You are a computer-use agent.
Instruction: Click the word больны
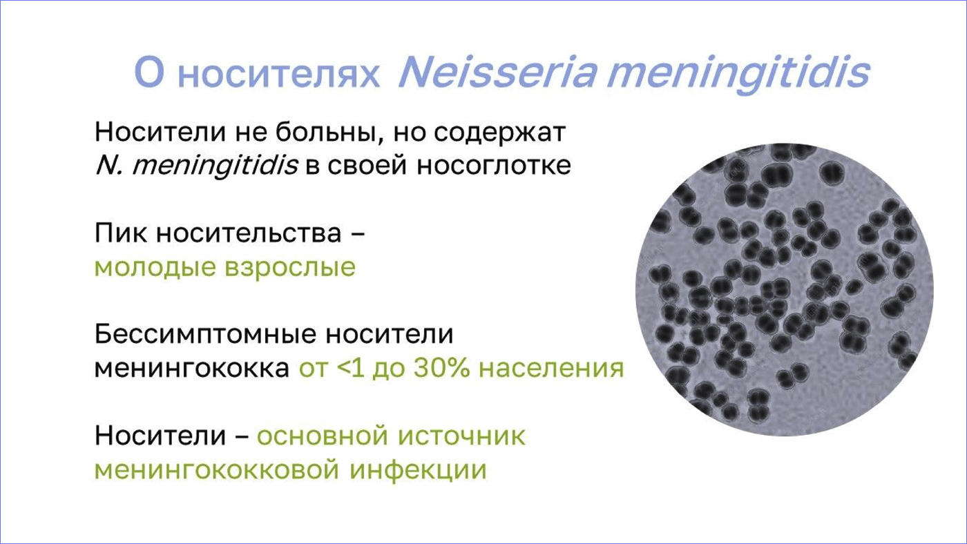[329, 132]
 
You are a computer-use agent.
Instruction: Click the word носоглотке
[493, 165]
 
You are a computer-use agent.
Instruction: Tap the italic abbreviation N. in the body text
[109, 165]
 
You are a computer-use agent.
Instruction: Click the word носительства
[249, 233]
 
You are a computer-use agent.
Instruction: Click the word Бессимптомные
[205, 334]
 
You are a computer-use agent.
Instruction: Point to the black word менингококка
[192, 369]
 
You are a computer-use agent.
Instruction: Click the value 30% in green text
[441, 368]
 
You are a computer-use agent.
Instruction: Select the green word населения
[551, 369]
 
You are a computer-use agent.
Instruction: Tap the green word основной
[323, 436]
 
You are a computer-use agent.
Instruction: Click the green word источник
[461, 436]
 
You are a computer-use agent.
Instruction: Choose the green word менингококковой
[217, 470]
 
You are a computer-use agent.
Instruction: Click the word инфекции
[418, 470]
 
